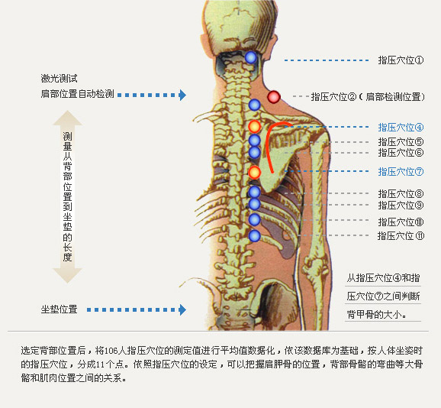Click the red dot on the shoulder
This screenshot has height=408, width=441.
(274, 97)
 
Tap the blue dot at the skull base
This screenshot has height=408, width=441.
(250, 57)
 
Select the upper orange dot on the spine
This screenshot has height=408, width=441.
(255, 126)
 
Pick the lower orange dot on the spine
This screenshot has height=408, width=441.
(255, 172)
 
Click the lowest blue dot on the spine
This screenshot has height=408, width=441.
(255, 235)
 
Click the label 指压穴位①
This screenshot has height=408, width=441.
(401, 60)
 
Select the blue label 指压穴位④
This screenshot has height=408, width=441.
(401, 128)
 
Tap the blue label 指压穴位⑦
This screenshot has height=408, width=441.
(401, 171)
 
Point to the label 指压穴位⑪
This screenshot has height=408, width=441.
(401, 235)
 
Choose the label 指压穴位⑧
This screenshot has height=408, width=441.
(401, 194)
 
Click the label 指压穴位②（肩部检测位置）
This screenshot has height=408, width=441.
(368, 97)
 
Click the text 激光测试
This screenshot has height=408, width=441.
(59, 78)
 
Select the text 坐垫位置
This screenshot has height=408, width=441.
(59, 309)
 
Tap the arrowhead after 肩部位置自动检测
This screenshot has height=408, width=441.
(183, 95)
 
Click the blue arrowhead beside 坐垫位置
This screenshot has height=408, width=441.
(183, 309)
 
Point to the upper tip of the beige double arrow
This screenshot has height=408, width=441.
(67, 111)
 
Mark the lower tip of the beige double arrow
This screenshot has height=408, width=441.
(67, 283)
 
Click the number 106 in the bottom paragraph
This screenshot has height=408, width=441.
(111, 351)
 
